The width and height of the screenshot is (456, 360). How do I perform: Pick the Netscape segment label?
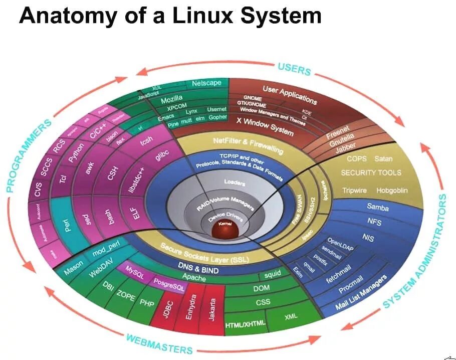(206, 83)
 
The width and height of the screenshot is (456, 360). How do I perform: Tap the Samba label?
(378, 206)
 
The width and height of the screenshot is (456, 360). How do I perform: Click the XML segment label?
(291, 317)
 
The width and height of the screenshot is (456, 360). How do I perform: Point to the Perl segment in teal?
(70, 227)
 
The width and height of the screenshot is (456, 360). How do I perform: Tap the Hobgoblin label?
(392, 191)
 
